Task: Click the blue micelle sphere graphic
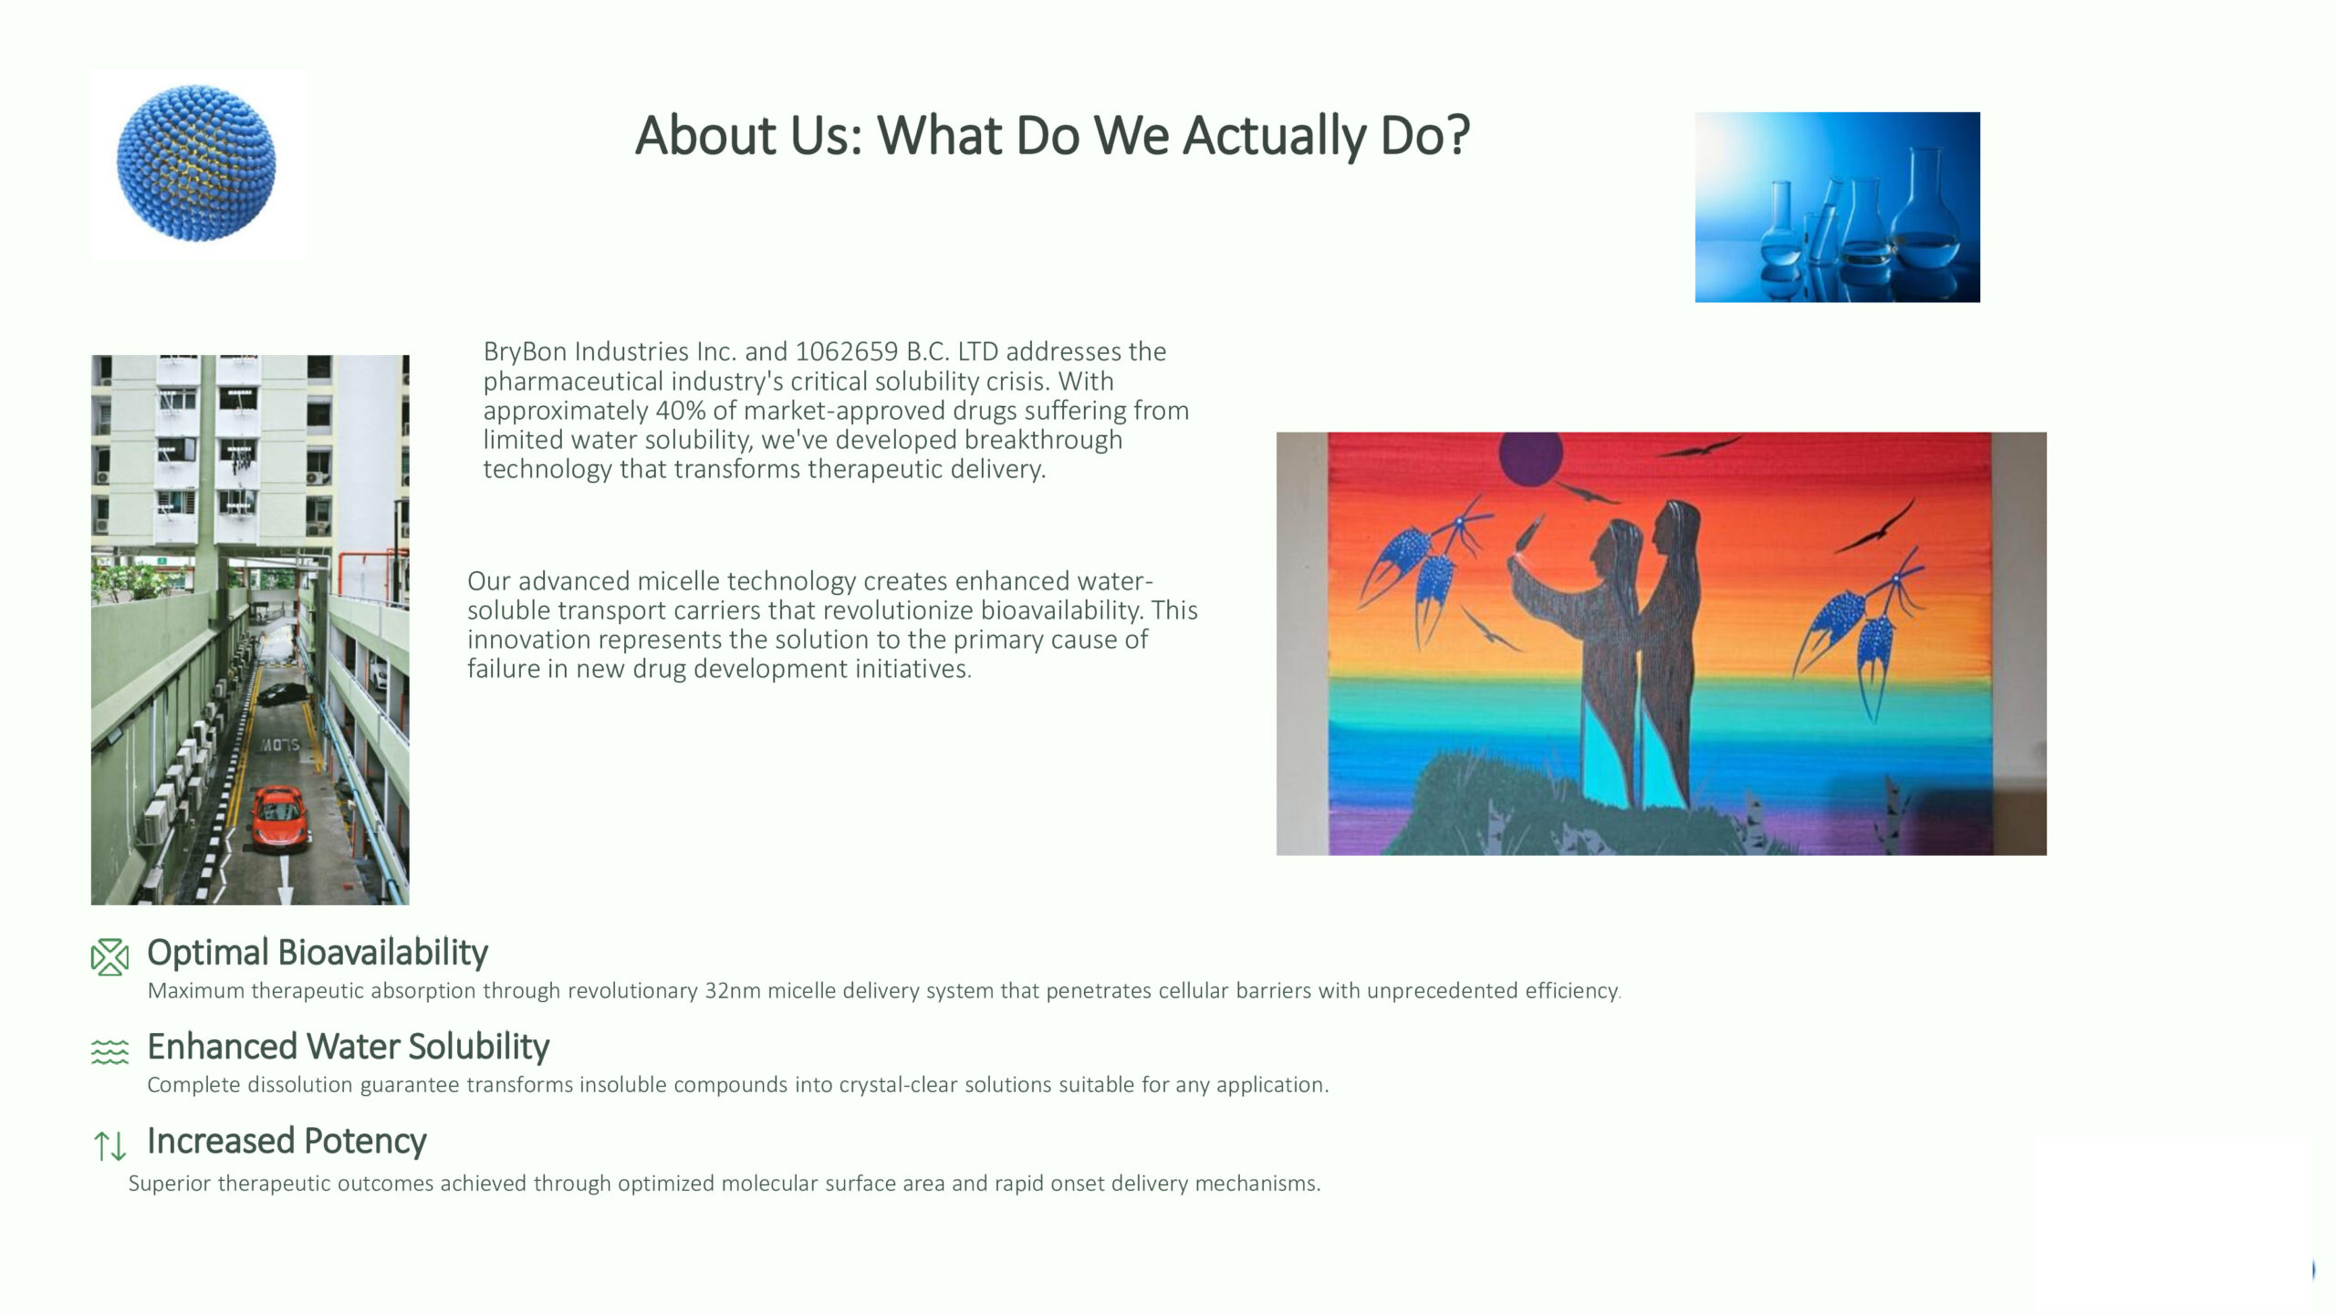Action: [196, 163]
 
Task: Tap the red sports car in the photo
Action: [279, 816]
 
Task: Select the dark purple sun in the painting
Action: [1530, 458]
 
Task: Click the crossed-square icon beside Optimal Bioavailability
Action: [109, 956]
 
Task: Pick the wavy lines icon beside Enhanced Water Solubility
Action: [109, 1051]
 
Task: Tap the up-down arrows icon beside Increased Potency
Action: [109, 1145]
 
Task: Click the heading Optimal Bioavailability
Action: [318, 953]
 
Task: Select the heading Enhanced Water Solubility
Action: [348, 1047]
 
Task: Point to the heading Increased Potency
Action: [287, 1141]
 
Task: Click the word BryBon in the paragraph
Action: [525, 352]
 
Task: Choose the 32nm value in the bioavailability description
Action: [732, 991]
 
